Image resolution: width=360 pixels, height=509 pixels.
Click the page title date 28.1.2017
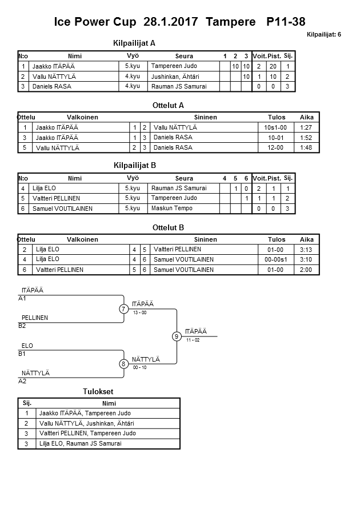[x=170, y=22]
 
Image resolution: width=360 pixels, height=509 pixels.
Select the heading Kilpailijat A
[x=135, y=43]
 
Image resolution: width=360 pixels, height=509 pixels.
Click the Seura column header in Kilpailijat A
[x=183, y=56]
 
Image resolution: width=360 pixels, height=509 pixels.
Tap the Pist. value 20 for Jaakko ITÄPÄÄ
[x=273, y=66]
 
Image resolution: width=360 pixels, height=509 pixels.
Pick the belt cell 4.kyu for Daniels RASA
[x=133, y=86]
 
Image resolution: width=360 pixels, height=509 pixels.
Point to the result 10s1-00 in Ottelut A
[x=276, y=127]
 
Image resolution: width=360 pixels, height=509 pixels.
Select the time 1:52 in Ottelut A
[x=306, y=138]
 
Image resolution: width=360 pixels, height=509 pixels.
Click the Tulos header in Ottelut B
[x=277, y=239]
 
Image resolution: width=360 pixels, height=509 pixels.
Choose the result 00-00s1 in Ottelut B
[x=276, y=259]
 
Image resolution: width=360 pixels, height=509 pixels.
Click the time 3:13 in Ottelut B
[x=306, y=250]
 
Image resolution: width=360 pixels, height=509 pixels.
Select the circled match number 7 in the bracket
[x=123, y=309]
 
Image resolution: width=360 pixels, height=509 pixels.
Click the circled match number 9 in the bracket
[x=177, y=336]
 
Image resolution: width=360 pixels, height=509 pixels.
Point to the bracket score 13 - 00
[x=139, y=313]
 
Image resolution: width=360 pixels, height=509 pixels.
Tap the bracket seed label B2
[x=22, y=326]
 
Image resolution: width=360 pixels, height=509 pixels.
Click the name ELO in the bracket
[x=27, y=346]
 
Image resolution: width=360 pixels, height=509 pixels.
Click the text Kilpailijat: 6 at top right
[x=323, y=34]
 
